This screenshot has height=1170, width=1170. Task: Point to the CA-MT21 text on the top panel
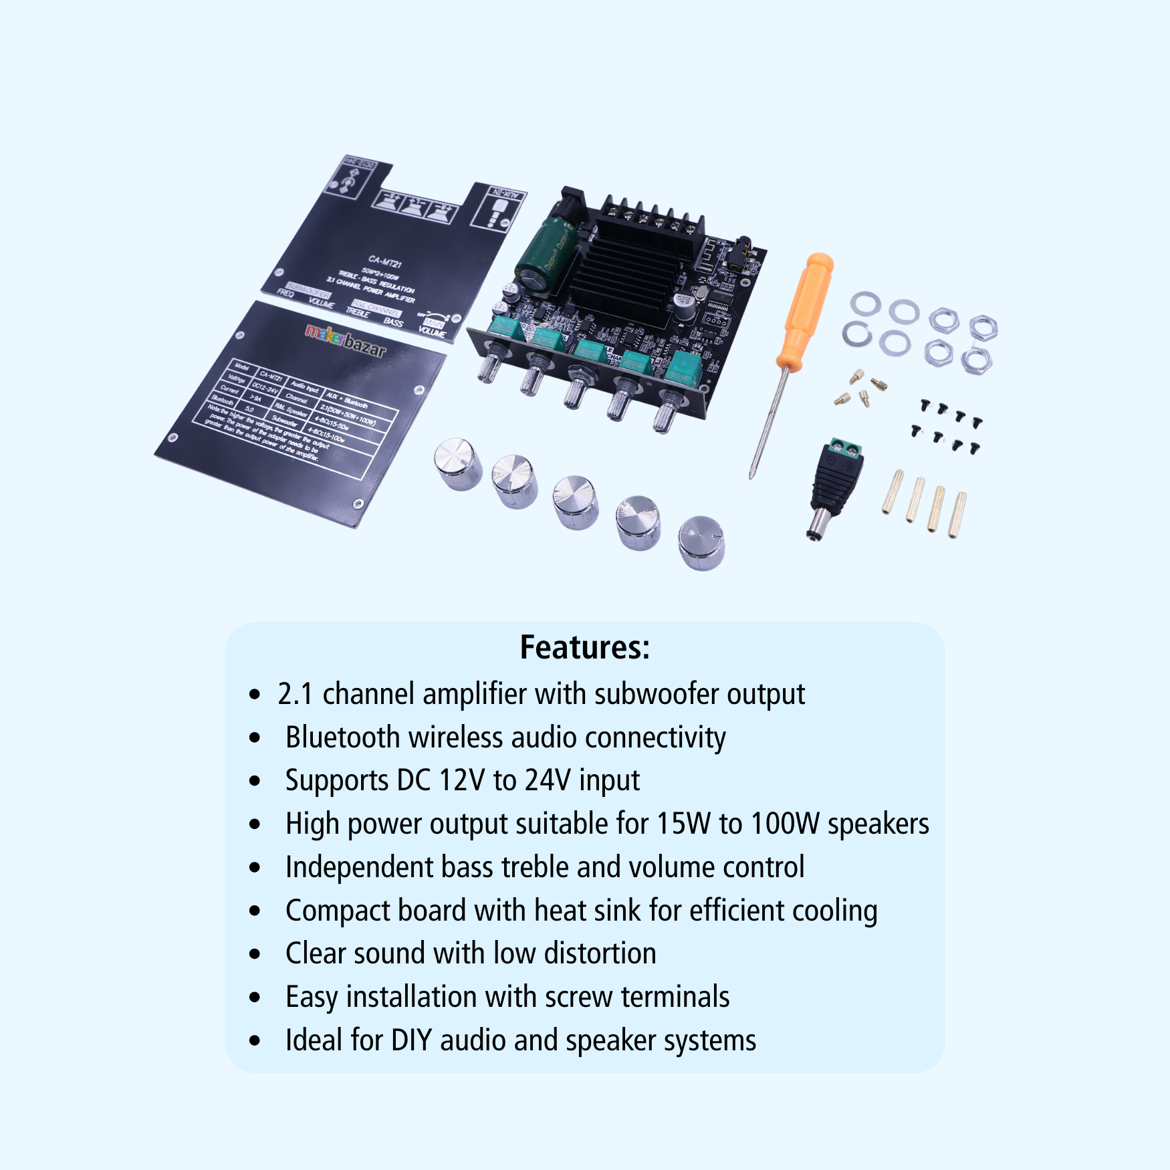[x=385, y=262]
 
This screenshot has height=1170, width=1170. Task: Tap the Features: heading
[x=585, y=647]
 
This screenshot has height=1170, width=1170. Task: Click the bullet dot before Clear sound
[x=255, y=954]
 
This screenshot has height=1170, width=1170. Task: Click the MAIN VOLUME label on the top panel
[x=432, y=328]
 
